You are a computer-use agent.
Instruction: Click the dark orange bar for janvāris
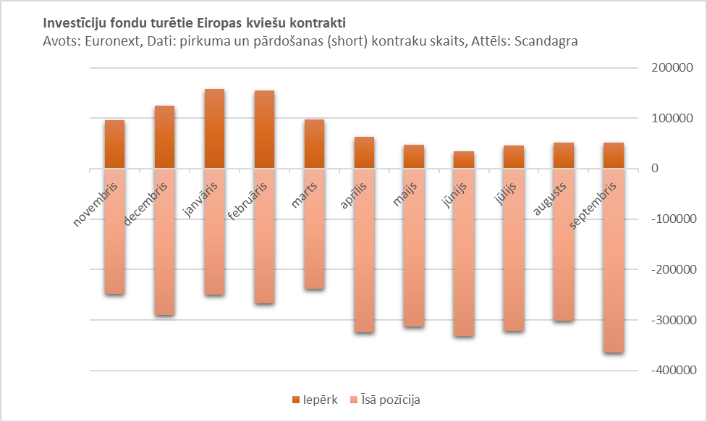point(214,129)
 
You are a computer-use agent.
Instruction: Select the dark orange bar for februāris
point(264,130)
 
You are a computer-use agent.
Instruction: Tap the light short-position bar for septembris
point(614,290)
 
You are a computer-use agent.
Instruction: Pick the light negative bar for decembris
point(164,261)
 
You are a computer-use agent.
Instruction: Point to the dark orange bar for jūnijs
point(464,160)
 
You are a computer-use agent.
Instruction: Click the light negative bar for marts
point(314,246)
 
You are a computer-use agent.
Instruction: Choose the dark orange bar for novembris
point(114,144)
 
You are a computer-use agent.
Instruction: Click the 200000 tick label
point(672,68)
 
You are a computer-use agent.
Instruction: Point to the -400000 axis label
point(670,371)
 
